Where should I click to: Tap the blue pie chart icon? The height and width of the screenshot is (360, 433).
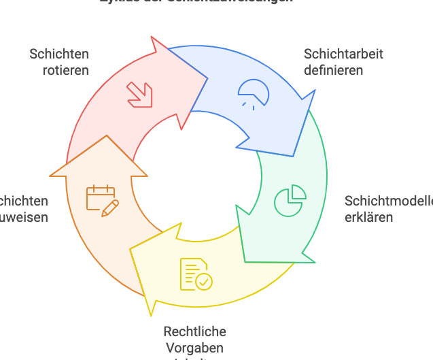[254, 93]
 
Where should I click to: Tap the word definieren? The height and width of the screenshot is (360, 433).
[333, 70]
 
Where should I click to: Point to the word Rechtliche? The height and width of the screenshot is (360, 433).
[194, 332]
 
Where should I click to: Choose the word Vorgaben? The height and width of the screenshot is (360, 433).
[194, 348]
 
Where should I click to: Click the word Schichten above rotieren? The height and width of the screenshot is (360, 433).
[59, 54]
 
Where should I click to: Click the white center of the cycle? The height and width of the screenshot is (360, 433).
[197, 177]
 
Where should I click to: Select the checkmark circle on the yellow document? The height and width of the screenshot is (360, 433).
[203, 280]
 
